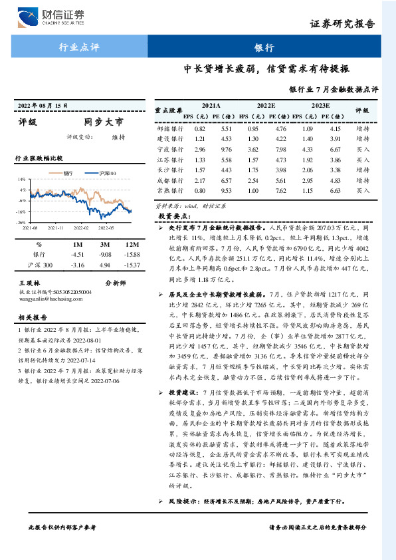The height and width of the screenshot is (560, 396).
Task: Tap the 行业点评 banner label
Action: (80, 47)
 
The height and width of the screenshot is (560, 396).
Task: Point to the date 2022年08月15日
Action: (43, 106)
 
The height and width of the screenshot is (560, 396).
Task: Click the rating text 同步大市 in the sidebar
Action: (103, 122)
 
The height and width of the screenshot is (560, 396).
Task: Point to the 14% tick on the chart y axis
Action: (22, 180)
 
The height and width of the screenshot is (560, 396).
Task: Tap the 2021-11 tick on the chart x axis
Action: (56, 227)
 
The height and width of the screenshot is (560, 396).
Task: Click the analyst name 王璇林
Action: (31, 283)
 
